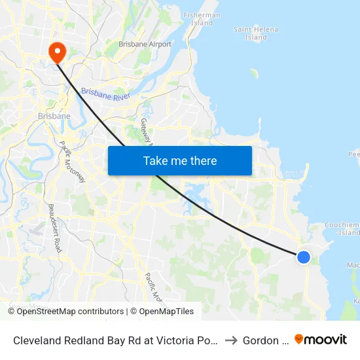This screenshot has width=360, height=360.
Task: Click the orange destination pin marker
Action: pos(56,51)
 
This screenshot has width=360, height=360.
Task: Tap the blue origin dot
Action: pos(304,257)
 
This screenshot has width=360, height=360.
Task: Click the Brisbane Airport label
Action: pos(145,45)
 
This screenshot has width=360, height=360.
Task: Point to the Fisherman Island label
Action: pos(202,19)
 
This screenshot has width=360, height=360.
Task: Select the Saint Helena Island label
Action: pos(255,33)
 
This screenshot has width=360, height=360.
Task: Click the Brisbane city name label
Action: pos(54,116)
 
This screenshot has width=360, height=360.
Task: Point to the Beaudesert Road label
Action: pos(54,228)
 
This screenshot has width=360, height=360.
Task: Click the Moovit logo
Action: pos(320,339)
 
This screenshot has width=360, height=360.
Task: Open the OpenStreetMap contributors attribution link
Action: pos(70,312)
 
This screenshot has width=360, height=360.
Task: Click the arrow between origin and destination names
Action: pos(230,340)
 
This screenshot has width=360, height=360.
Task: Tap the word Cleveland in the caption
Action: pos(36,340)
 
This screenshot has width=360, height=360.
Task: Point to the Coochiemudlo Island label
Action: pos(343,228)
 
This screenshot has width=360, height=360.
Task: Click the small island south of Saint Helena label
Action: pos(254,73)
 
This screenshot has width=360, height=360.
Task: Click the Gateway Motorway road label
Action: pos(146,131)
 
